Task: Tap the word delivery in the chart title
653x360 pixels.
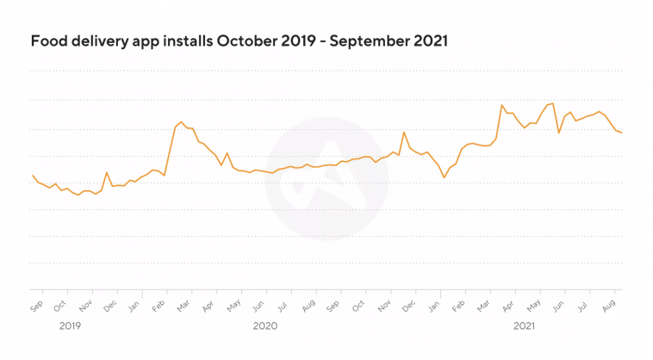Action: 96,41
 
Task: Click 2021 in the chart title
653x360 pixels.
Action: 428,40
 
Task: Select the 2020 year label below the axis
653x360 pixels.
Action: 265,326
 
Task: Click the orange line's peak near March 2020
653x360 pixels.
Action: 181,122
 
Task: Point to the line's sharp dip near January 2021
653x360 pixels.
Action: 445,177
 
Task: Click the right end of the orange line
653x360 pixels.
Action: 622,133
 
